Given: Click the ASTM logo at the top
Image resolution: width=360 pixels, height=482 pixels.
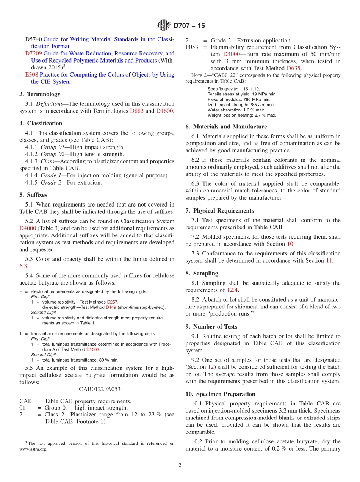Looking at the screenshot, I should tap(164, 25).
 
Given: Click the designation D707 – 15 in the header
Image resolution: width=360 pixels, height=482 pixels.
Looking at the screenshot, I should tap(189, 26).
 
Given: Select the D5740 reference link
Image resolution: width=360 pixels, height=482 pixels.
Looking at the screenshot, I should tap(33, 39).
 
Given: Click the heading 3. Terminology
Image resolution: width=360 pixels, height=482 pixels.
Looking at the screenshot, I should tap(40, 94).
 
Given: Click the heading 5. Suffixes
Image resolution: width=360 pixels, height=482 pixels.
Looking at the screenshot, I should tap(33, 195).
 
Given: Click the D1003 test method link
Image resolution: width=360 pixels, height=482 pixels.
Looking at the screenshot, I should tap(93, 349).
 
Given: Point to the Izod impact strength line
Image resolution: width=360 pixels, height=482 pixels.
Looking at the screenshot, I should tap(241, 105).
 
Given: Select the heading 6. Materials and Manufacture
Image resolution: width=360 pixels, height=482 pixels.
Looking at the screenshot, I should tap(226, 127).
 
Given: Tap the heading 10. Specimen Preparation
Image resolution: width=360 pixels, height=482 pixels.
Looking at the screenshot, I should tap(220, 394).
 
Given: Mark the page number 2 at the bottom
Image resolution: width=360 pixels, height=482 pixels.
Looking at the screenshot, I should tap(180, 465).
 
